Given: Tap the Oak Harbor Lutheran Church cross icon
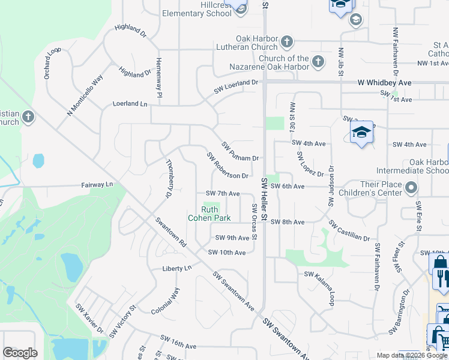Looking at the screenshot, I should click(x=287, y=41).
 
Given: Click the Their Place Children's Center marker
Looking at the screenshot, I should click(x=411, y=188).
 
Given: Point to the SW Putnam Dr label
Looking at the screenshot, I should click(x=240, y=152).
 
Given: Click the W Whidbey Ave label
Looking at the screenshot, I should click(x=384, y=82).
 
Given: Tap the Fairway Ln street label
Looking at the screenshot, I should click(x=97, y=185).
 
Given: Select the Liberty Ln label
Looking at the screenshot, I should click(x=176, y=268).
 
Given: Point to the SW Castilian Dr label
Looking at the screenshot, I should click(x=349, y=230).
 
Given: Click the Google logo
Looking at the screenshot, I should click(x=20, y=353).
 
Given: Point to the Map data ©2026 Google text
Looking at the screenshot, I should click(x=412, y=355).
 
